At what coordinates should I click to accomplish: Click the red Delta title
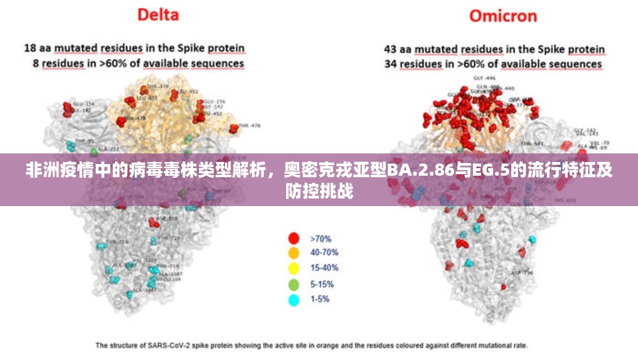[x=158, y=14]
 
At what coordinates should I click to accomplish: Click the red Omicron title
[x=502, y=16]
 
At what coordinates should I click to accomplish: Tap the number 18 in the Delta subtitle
[x=30, y=48]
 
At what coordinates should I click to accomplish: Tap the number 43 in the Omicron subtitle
[x=390, y=49]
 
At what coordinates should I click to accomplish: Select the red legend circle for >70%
[x=294, y=238]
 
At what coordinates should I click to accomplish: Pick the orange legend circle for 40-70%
[x=294, y=253]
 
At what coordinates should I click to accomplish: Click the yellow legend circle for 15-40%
[x=294, y=268]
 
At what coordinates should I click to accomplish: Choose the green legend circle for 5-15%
[x=294, y=284]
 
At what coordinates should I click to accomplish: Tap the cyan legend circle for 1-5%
[x=294, y=300]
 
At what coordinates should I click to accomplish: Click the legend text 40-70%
[x=324, y=253]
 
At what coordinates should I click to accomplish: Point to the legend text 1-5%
[x=320, y=299]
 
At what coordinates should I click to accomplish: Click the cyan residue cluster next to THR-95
[x=71, y=146]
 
